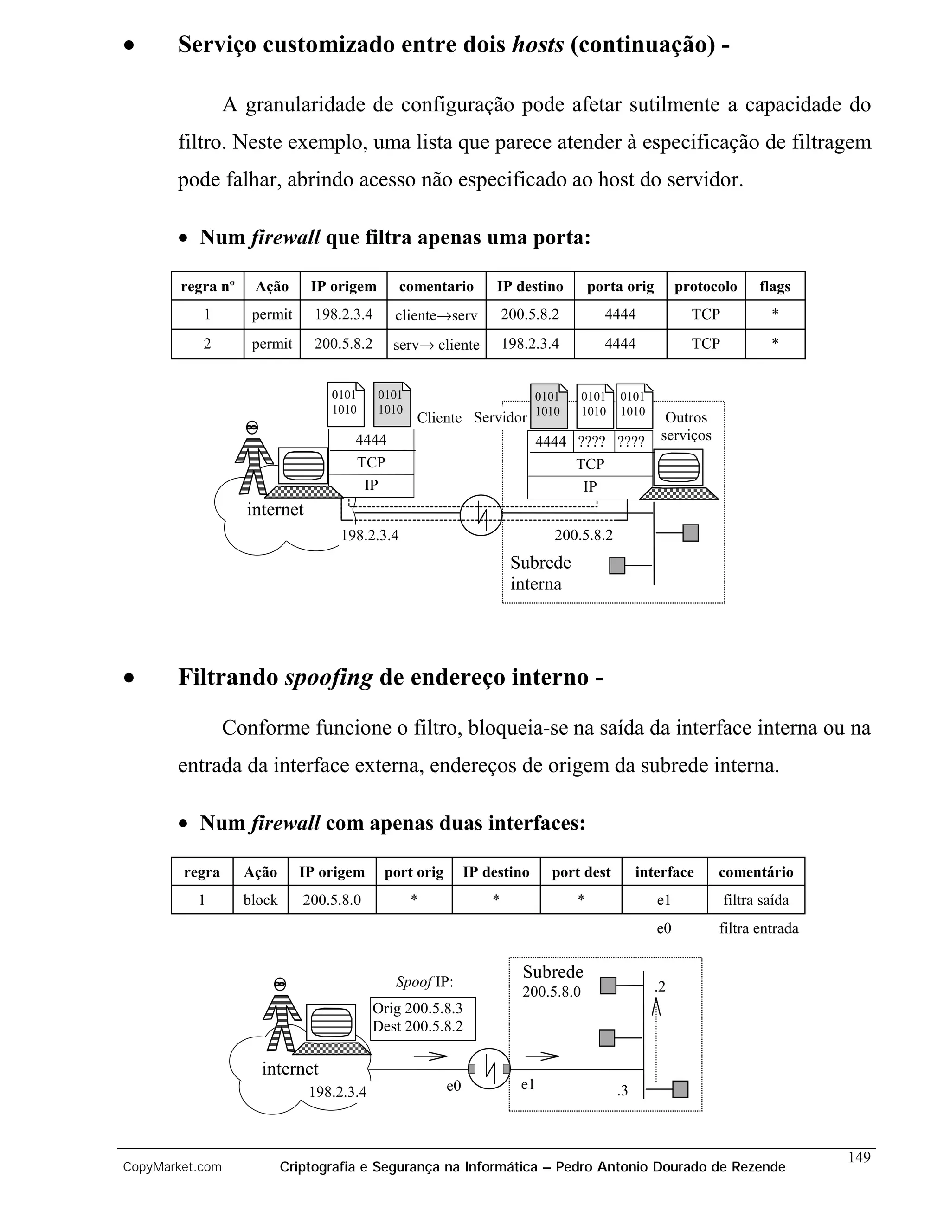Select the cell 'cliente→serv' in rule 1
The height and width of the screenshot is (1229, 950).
click(x=436, y=315)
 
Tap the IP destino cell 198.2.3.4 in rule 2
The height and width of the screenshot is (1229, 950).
click(x=530, y=344)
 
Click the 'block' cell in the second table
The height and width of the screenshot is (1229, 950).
click(x=260, y=900)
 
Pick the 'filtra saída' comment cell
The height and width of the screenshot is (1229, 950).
click(x=755, y=900)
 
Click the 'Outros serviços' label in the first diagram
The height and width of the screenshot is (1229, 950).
click(x=686, y=426)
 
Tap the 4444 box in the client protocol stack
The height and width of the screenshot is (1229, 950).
click(x=371, y=440)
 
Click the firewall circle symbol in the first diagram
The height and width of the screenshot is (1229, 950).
click(x=481, y=515)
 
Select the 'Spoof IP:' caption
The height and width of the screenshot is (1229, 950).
click(x=424, y=982)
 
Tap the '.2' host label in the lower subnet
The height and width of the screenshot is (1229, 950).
click(x=660, y=986)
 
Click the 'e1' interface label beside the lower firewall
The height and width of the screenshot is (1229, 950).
click(x=527, y=1084)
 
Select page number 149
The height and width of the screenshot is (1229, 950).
click(x=859, y=1157)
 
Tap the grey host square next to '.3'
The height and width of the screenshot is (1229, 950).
click(x=680, y=1089)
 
